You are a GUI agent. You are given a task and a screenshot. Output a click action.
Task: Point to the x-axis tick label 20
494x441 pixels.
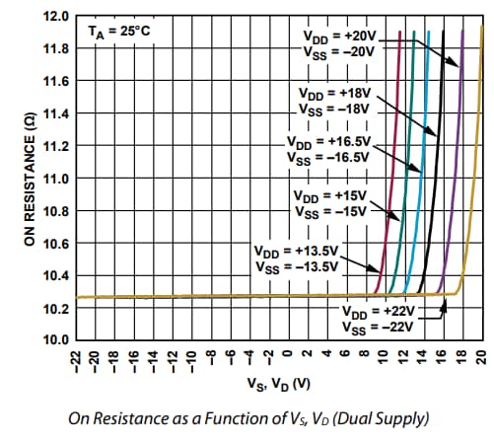[x=480, y=358]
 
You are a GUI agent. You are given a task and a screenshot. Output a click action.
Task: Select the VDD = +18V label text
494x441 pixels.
[x=332, y=100]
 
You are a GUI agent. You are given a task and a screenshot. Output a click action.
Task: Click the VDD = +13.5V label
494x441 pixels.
[x=296, y=257]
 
